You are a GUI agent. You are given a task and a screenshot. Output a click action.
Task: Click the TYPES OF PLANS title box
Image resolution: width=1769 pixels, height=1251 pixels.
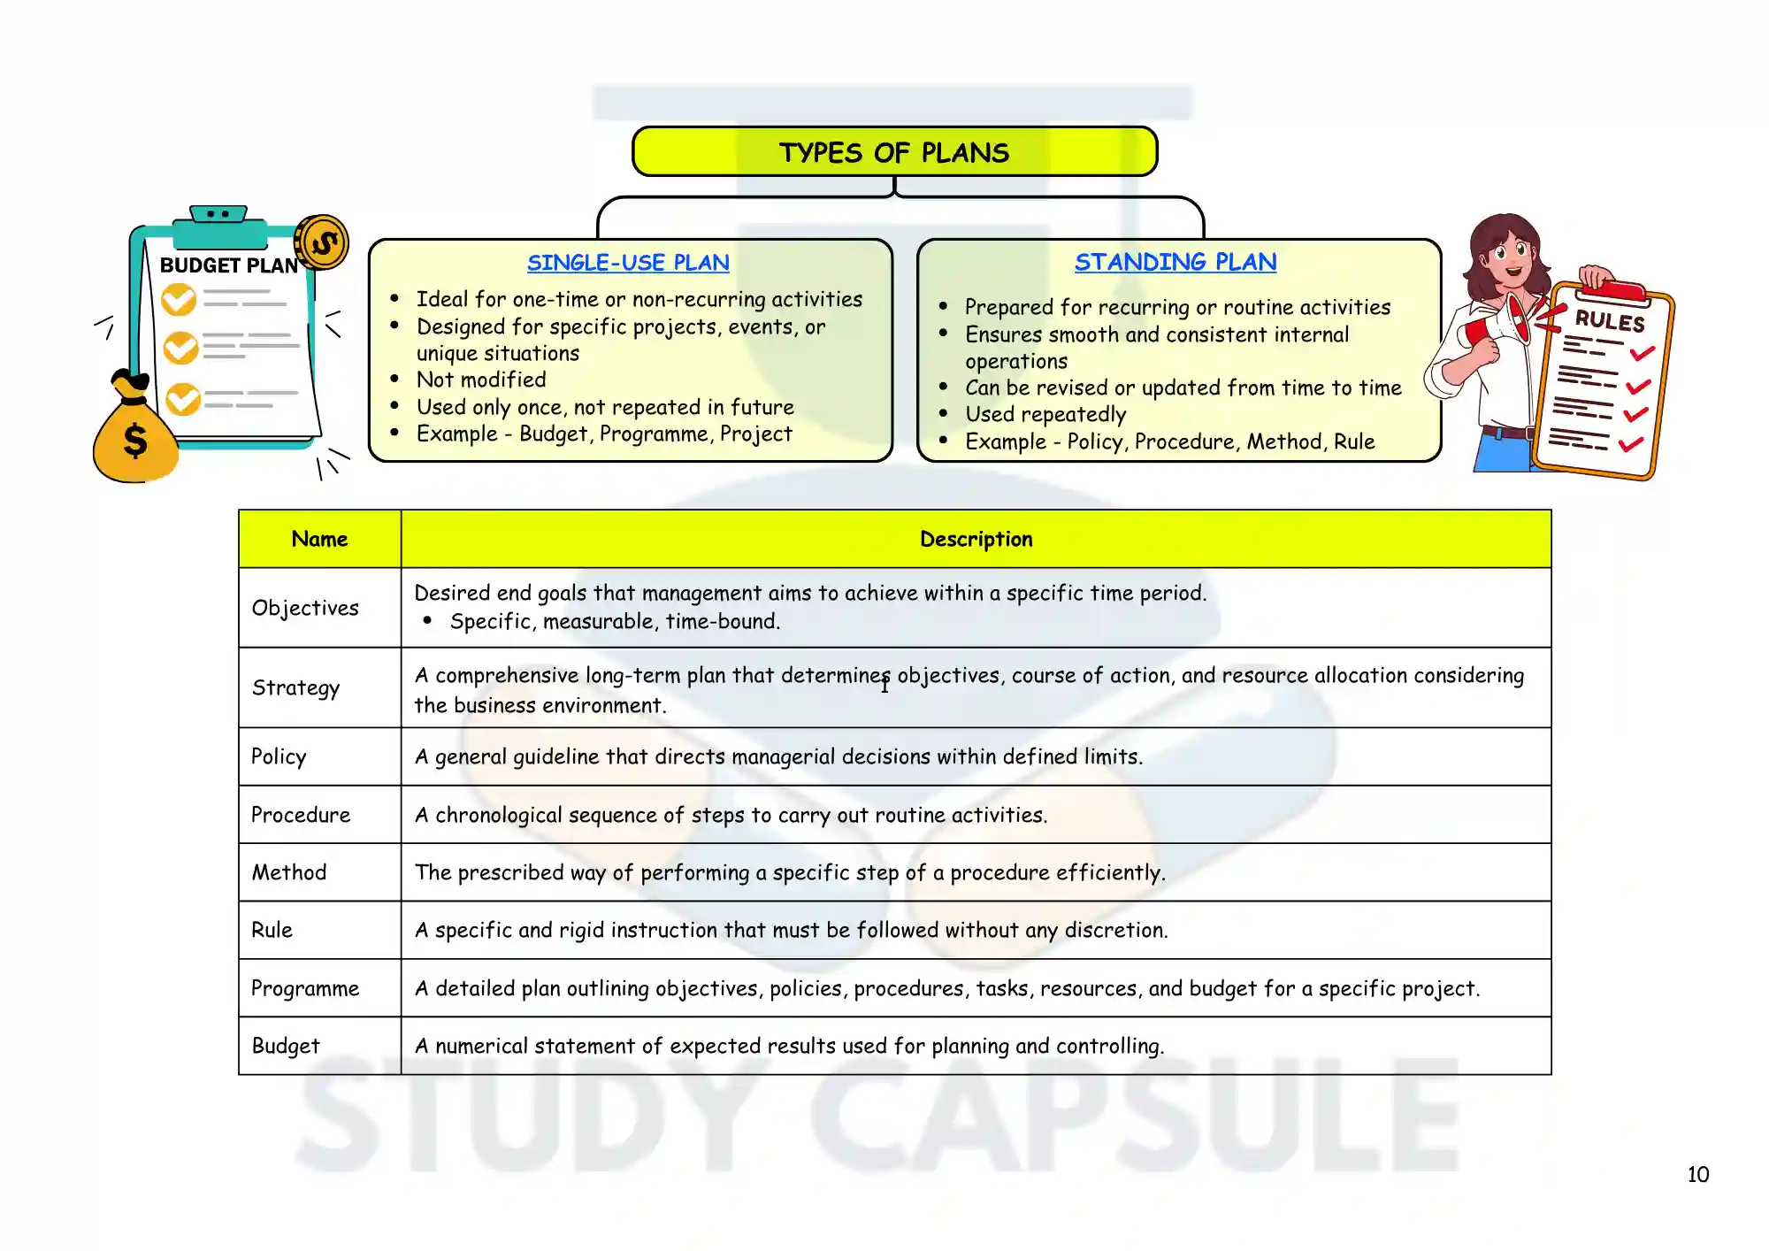pyautogui.click(x=894, y=152)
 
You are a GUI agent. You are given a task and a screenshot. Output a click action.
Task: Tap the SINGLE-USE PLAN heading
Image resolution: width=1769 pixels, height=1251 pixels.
pyautogui.click(x=628, y=263)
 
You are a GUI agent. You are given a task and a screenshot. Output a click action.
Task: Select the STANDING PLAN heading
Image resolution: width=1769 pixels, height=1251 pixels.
pyautogui.click(x=1176, y=262)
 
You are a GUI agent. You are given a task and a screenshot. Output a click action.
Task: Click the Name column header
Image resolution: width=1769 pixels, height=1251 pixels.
pyautogui.click(x=319, y=539)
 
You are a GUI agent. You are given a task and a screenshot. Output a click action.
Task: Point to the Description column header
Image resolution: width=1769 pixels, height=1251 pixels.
pyautogui.click(x=976, y=539)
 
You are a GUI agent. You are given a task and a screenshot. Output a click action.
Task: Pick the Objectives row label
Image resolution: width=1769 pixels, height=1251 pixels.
pyautogui.click(x=305, y=608)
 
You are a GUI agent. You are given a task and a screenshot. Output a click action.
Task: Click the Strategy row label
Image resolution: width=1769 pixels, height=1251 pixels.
pyautogui.click(x=295, y=687)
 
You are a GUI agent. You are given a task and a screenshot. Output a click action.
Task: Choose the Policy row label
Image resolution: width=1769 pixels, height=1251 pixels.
pyautogui.click(x=279, y=756)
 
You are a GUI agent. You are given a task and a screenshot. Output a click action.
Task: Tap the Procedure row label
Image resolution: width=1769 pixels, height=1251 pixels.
pyautogui.click(x=301, y=815)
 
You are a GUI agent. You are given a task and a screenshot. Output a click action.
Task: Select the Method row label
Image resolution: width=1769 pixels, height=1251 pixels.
pyautogui.click(x=289, y=872)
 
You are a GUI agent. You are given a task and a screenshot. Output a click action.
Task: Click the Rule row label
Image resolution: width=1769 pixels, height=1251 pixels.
pyautogui.click(x=272, y=930)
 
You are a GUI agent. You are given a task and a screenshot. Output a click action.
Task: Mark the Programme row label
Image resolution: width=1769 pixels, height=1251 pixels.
pyautogui.click(x=305, y=988)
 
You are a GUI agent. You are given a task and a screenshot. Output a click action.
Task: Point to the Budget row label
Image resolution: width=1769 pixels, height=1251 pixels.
pyautogui.click(x=286, y=1046)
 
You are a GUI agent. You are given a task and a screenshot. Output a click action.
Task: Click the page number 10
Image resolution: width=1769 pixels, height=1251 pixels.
pyautogui.click(x=1697, y=1175)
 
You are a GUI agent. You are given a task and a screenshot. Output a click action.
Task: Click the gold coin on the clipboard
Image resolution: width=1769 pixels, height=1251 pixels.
pyautogui.click(x=322, y=242)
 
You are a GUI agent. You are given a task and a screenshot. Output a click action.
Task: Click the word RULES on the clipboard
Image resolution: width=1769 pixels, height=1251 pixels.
pyautogui.click(x=1609, y=320)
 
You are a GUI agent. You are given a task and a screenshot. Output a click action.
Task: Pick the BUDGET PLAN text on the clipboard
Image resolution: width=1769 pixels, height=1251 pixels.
pyautogui.click(x=228, y=265)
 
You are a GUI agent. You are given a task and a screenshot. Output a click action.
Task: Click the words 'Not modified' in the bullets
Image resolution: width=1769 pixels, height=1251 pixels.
pyautogui.click(x=481, y=380)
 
